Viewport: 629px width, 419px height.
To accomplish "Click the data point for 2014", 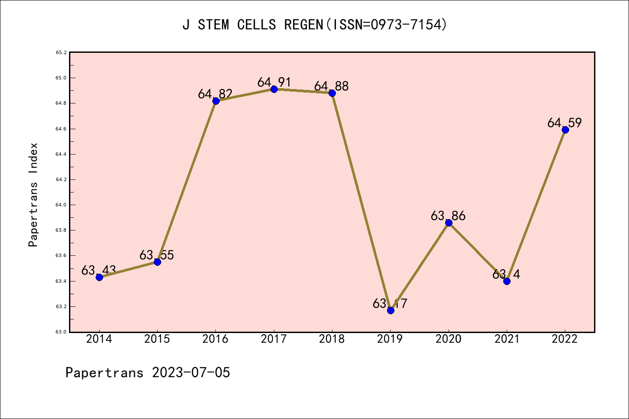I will [x=99, y=277].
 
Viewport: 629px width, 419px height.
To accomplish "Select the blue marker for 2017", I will [x=274, y=89].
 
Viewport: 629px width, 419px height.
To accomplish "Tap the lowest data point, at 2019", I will [x=391, y=310].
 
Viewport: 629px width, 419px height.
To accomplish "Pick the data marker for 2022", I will [x=565, y=130].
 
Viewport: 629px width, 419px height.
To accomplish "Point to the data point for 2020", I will [x=449, y=223].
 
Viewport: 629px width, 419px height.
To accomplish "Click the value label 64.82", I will [x=215, y=94].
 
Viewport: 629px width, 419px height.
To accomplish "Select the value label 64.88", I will [x=332, y=86].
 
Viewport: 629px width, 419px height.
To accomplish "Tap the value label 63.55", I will [x=157, y=255].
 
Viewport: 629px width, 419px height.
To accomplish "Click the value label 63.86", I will [x=448, y=216].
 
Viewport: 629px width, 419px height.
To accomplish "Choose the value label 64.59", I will [x=565, y=123].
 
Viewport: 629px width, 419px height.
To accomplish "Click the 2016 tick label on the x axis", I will [x=215, y=339].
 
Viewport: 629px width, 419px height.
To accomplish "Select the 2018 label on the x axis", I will [x=332, y=339].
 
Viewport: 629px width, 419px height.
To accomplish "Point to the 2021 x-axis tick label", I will [x=507, y=339].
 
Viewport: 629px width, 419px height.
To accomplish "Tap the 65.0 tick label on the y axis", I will [x=61, y=78].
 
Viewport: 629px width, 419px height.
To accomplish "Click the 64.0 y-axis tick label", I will [x=61, y=205].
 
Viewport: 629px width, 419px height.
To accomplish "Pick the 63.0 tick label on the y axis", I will [x=61, y=332].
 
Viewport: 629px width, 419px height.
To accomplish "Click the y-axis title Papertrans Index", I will [x=33, y=195].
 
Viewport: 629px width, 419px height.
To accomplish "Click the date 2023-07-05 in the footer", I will [x=191, y=373].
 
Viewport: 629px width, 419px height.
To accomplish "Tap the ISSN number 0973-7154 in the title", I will [x=406, y=25].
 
